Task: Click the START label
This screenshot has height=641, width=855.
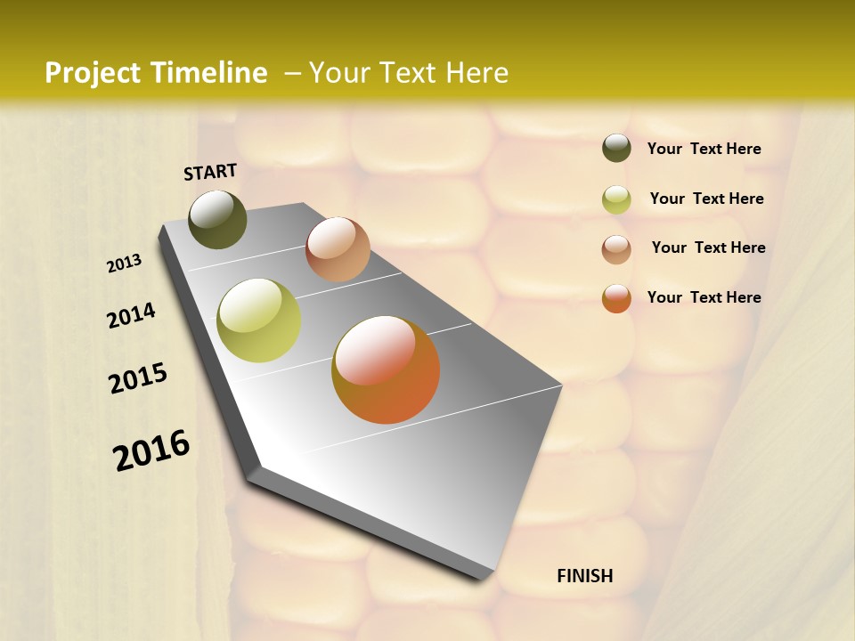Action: tap(210, 172)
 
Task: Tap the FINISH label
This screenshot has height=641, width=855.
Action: tap(584, 576)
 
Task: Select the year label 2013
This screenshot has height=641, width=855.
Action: tap(125, 264)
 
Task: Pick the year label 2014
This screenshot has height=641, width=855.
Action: tap(131, 316)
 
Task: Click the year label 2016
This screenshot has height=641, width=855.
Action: tap(151, 450)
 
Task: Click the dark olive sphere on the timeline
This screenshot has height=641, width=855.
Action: tap(217, 220)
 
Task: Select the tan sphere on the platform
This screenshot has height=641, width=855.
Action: tap(338, 249)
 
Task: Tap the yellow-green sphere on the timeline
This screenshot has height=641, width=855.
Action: tap(258, 320)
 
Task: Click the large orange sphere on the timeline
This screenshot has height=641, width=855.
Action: tap(386, 369)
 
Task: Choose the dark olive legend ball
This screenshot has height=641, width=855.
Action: tap(616, 149)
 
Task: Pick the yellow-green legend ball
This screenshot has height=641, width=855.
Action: tap(616, 199)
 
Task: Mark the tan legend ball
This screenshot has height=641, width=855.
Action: tap(616, 248)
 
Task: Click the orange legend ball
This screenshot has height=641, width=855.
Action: tap(616, 298)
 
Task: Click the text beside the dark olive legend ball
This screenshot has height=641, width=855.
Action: tap(704, 150)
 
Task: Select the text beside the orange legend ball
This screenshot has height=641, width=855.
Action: tap(704, 297)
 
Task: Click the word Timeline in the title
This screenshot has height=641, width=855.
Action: tap(210, 73)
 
